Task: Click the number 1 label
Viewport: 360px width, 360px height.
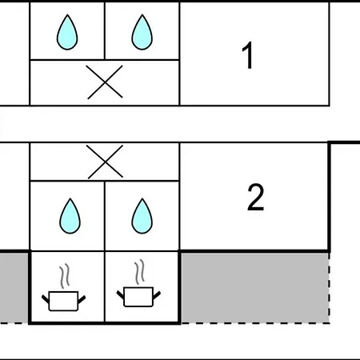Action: pyautogui.click(x=248, y=55)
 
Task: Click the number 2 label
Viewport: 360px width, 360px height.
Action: pyautogui.click(x=256, y=197)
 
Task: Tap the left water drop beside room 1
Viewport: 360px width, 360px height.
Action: pyautogui.click(x=67, y=32)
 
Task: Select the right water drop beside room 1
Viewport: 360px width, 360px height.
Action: pyautogui.click(x=142, y=32)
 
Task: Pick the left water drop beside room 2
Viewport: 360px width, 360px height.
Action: pyautogui.click(x=70, y=216)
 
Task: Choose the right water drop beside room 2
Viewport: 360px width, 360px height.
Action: pyautogui.click(x=142, y=216)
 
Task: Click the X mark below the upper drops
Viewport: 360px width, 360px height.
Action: pyautogui.click(x=105, y=82)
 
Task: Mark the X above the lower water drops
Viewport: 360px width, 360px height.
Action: pyautogui.click(x=105, y=162)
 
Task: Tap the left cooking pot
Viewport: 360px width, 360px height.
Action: pyautogui.click(x=63, y=301)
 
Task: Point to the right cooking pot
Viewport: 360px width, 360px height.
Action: pyautogui.click(x=138, y=297)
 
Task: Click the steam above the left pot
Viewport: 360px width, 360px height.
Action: pyautogui.click(x=65, y=276)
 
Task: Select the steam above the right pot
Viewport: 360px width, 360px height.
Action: pyautogui.click(x=140, y=272)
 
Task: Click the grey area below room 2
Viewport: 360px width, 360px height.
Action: pyautogui.click(x=255, y=288)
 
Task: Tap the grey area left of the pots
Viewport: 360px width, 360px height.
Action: pyautogui.click(x=14, y=288)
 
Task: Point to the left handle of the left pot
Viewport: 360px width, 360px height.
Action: pyautogui.click(x=46, y=298)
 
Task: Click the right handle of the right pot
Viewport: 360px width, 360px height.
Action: pyautogui.click(x=157, y=295)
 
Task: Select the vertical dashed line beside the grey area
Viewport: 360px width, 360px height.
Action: pyautogui.click(x=330, y=288)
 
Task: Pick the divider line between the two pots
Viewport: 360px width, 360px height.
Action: pyautogui.click(x=105, y=287)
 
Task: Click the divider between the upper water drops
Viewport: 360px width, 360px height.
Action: pyautogui.click(x=105, y=30)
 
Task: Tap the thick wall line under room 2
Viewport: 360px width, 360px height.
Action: pyautogui.click(x=254, y=251)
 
